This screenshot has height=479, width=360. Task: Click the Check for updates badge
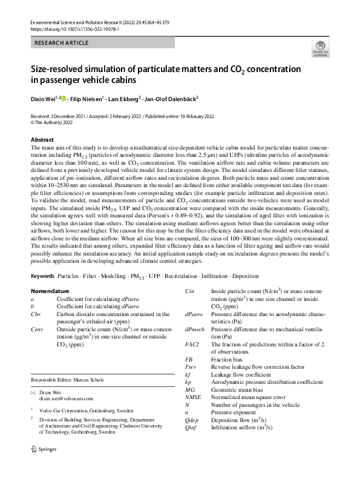321,49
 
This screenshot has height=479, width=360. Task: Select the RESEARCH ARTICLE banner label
62,43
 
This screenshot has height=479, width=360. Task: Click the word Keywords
42,276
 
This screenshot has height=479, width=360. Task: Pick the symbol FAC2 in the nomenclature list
192,344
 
